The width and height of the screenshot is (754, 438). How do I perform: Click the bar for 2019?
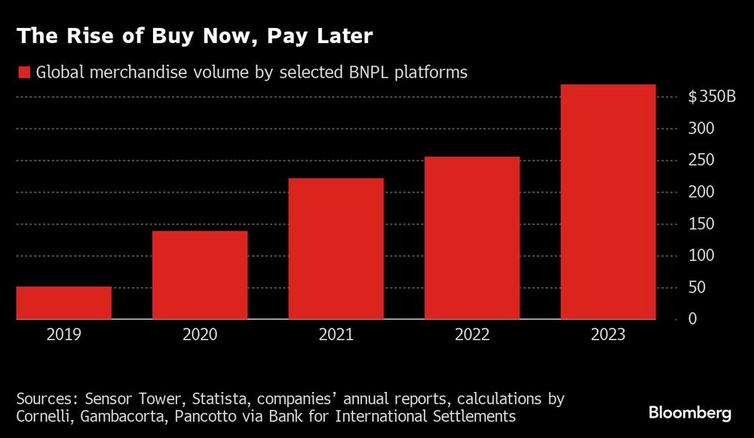pyautogui.click(x=64, y=303)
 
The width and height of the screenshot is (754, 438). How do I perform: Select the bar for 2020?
pyautogui.click(x=200, y=275)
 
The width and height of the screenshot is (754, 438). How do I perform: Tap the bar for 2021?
pyautogui.click(x=336, y=249)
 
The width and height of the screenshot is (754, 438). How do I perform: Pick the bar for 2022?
pyautogui.click(x=472, y=238)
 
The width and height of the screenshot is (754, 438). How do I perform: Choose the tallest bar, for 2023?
pyautogui.click(x=608, y=202)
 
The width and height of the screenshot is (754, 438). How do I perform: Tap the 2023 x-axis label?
pyautogui.click(x=608, y=334)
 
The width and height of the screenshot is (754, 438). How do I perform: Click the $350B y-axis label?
pyautogui.click(x=711, y=97)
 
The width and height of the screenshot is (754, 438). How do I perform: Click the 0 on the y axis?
pyautogui.click(x=692, y=320)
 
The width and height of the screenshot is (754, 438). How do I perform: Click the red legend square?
pyautogui.click(x=23, y=72)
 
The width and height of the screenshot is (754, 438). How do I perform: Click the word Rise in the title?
pyautogui.click(x=75, y=35)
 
